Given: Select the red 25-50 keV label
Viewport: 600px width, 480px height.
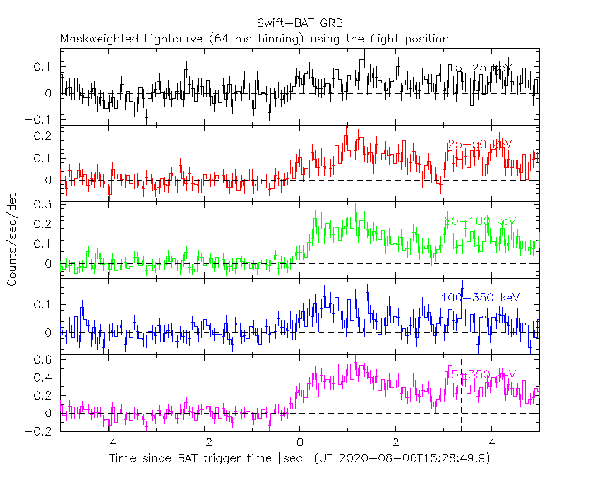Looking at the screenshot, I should point(479,145).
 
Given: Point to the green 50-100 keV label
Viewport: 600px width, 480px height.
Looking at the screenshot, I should point(480,222).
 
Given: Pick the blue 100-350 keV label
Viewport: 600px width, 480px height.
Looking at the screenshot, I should point(480,298).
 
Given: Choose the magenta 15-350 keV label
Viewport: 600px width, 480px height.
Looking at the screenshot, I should point(480,373).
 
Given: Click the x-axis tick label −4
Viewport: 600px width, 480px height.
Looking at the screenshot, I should point(107,444).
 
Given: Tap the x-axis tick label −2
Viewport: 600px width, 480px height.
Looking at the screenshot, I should point(203,444).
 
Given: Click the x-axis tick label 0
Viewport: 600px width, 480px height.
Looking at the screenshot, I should point(299,444).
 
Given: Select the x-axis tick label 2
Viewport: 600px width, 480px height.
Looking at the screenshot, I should point(395,444).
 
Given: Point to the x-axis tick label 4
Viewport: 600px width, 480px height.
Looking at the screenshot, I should point(491,444).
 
